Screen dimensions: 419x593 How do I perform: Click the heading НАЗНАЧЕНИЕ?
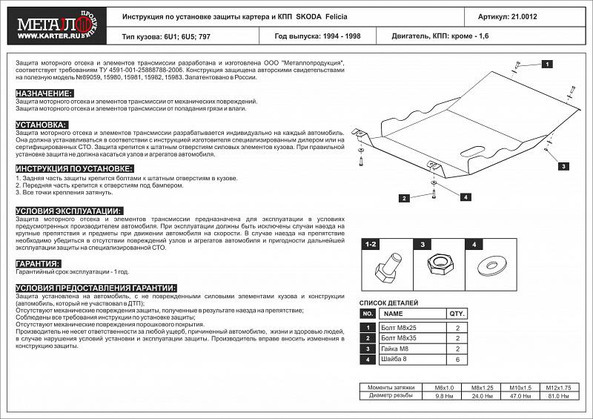(x=44, y=93)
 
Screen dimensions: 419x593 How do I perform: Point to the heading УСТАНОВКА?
(x=42, y=125)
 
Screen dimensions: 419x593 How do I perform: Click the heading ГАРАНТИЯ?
(x=38, y=264)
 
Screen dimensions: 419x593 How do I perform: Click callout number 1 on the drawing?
(x=546, y=65)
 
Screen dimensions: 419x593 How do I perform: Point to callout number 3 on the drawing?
(x=563, y=168)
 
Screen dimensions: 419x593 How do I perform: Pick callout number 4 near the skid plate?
(x=465, y=197)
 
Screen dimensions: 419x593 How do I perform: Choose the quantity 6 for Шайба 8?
(x=457, y=360)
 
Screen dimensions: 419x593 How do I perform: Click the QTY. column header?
(x=457, y=314)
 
